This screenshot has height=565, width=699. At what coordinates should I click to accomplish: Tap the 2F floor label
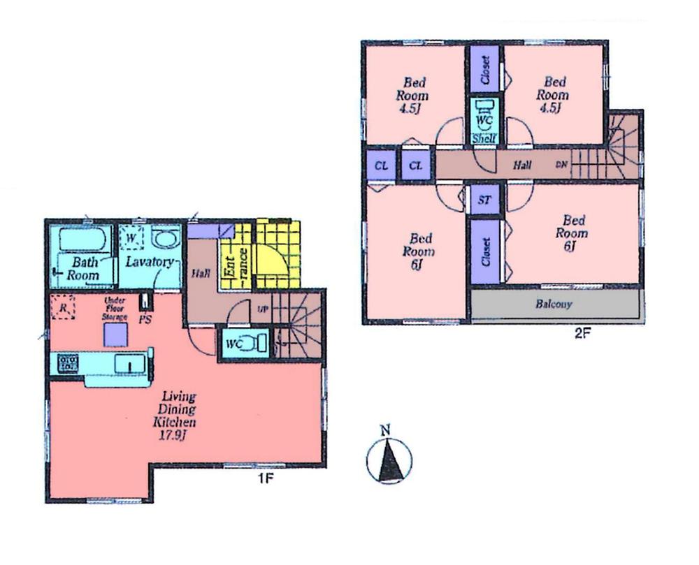coord(582,333)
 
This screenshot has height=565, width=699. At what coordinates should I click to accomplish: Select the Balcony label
coord(554,304)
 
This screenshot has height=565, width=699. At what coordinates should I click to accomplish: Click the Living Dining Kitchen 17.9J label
coord(175,412)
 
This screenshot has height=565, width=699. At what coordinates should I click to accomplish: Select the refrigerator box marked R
coord(64,308)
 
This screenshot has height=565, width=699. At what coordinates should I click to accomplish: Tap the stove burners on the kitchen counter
coord(68,362)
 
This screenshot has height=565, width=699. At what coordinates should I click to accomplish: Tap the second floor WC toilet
coord(484,114)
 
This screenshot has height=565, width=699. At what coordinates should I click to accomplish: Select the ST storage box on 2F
coord(484,200)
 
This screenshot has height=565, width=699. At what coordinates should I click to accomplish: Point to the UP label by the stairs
coord(263,309)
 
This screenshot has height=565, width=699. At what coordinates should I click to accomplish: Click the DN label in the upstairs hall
coord(561,166)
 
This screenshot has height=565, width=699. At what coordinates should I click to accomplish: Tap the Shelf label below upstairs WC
coord(484,138)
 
